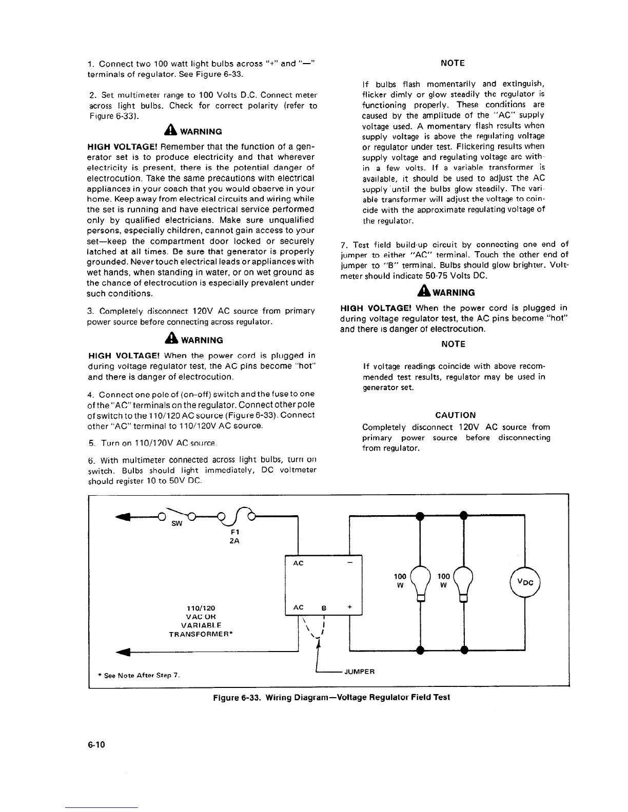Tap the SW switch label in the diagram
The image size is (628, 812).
pyautogui.click(x=176, y=524)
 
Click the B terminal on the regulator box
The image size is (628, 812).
pyautogui.click(x=324, y=608)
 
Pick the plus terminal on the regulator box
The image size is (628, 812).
pyautogui.click(x=350, y=606)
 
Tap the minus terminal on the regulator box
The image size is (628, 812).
pyautogui.click(x=350, y=563)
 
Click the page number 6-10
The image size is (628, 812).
pyautogui.click(x=96, y=744)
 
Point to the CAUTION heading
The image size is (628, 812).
pyautogui.click(x=455, y=415)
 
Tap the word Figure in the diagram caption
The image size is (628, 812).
pyautogui.click(x=226, y=697)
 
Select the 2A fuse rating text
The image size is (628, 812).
pyautogui.click(x=234, y=541)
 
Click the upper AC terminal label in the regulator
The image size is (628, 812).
pyautogui.click(x=298, y=563)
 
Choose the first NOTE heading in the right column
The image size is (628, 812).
pyautogui.click(x=453, y=63)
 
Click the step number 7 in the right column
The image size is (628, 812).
pyautogui.click(x=343, y=245)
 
